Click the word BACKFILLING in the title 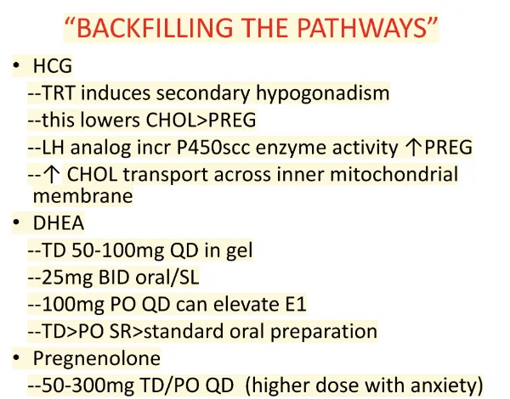155,28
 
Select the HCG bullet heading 53,66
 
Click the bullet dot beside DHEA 16,222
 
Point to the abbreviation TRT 59,93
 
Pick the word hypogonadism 323,93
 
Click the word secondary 203,93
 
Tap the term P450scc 213,148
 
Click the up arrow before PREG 413,148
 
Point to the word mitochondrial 394,174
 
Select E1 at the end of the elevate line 296,305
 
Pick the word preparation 324,332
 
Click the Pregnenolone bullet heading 97,359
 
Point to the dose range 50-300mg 88,386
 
